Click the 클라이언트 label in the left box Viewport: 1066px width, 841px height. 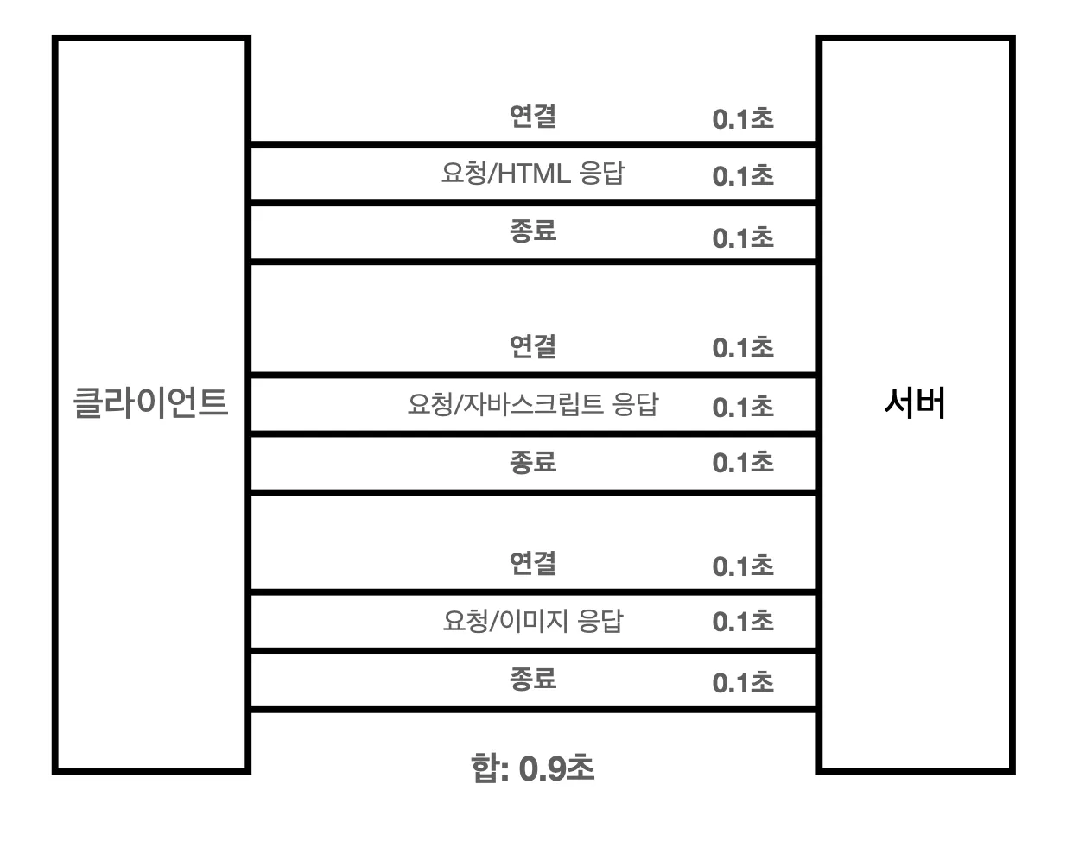click(151, 403)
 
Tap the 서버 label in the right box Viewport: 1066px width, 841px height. click(915, 403)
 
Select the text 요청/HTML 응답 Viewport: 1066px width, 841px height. click(532, 174)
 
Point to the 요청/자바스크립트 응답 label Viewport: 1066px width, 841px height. click(532, 404)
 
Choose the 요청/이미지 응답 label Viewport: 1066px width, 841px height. click(532, 621)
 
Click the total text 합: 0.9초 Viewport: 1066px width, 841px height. click(533, 768)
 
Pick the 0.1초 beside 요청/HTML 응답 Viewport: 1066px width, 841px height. click(743, 176)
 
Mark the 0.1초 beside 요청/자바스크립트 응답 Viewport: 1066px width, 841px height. click(743, 407)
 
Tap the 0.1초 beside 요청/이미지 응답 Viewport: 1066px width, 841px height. click(743, 622)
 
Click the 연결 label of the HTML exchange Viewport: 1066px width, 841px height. click(532, 116)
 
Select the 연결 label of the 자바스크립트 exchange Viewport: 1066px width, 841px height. click(532, 346)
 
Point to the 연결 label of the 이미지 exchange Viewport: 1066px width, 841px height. click(532, 563)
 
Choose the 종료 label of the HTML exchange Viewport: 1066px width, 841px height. click(532, 231)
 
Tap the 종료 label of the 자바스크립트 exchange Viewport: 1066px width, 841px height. click(532, 462)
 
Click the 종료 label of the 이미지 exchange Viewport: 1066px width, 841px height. click(532, 679)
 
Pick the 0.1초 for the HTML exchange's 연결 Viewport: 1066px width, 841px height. click(743, 119)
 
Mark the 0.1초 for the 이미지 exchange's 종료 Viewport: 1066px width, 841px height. click(743, 683)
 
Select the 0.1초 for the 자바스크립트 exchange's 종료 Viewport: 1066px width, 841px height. click(743, 464)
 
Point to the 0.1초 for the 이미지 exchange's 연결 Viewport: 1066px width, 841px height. click(743, 566)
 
